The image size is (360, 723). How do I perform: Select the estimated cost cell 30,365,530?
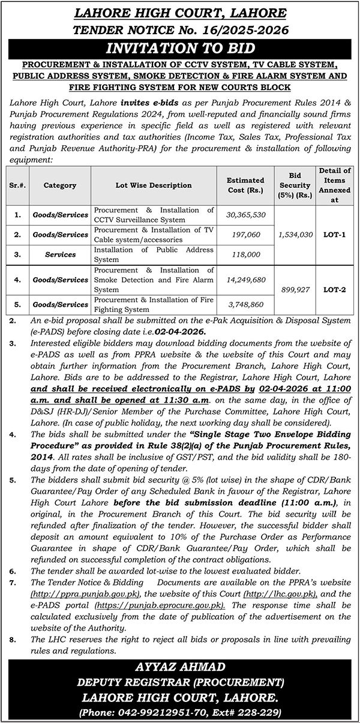[x=245, y=214]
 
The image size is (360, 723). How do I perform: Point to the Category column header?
[x=60, y=185]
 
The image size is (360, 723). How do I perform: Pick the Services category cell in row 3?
[x=60, y=254]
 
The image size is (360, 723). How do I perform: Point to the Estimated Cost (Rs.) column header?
[x=245, y=185]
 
